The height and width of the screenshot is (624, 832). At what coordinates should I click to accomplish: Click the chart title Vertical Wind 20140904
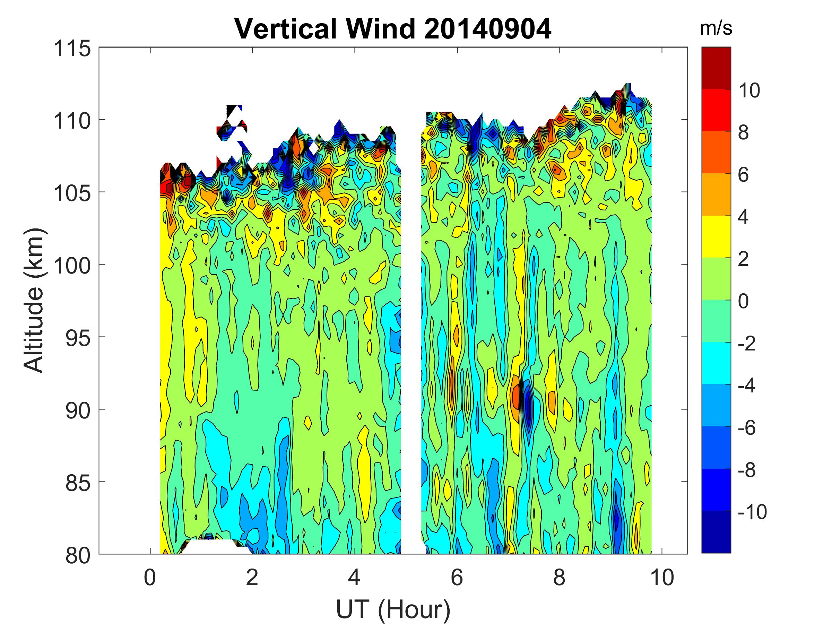pyautogui.click(x=393, y=29)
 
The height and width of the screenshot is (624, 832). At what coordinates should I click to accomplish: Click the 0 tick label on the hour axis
pyautogui.click(x=150, y=578)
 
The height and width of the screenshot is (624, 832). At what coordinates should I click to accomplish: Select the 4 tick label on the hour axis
pyautogui.click(x=354, y=578)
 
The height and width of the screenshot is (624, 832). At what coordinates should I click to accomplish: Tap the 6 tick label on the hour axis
pyautogui.click(x=457, y=578)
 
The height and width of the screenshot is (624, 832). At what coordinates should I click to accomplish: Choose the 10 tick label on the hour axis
pyautogui.click(x=661, y=578)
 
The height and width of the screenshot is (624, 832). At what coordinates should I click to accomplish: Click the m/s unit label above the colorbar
pyautogui.click(x=716, y=28)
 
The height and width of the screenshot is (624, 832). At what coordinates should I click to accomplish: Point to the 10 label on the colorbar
pyautogui.click(x=748, y=90)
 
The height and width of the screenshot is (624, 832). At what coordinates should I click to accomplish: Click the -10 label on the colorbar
pyautogui.click(x=752, y=512)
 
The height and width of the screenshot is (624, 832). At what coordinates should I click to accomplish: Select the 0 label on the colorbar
pyautogui.click(x=743, y=301)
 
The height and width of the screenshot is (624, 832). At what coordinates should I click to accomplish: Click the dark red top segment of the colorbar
pyautogui.click(x=716, y=68)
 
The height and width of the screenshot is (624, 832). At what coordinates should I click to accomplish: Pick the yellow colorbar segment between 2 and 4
pyautogui.click(x=716, y=236)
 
